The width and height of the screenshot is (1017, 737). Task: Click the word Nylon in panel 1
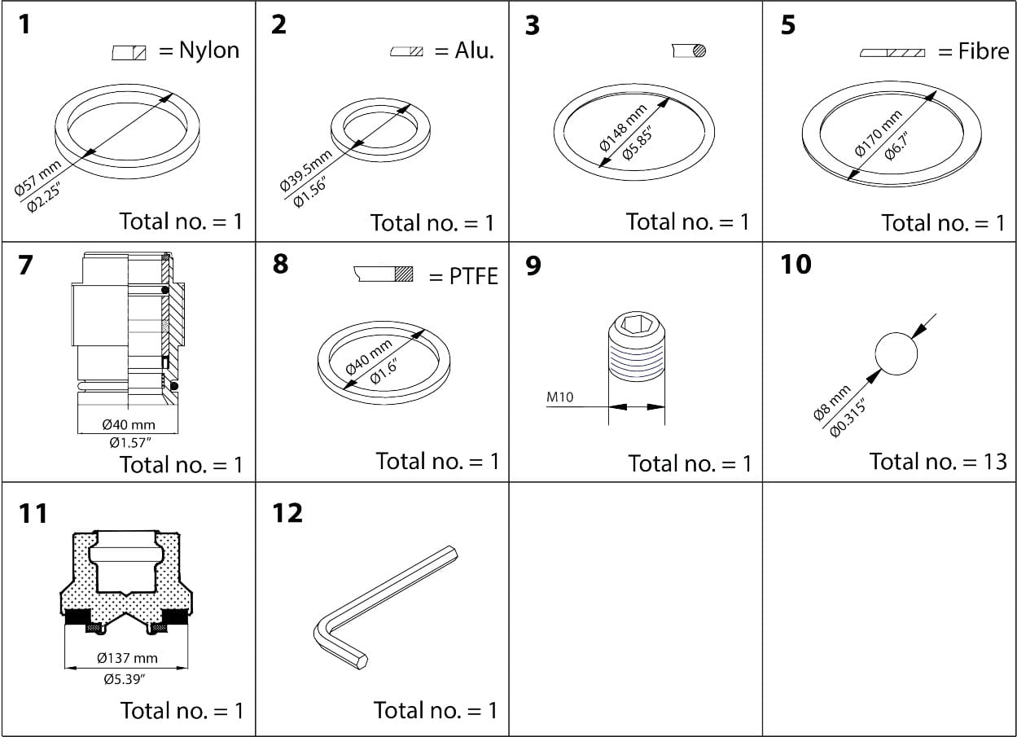208,50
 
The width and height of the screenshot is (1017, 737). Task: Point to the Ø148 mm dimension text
623,127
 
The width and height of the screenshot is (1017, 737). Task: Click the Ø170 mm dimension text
878,133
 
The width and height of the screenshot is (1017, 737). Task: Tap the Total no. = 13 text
938,462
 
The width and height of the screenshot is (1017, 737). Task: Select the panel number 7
25,265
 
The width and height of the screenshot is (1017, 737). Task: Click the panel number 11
33,514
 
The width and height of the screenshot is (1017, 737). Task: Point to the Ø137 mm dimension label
127,658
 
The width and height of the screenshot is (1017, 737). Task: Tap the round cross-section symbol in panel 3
698,50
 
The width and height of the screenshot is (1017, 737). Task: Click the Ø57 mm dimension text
37,179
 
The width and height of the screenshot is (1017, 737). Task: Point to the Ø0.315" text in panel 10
847,418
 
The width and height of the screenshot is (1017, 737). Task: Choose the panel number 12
288,513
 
